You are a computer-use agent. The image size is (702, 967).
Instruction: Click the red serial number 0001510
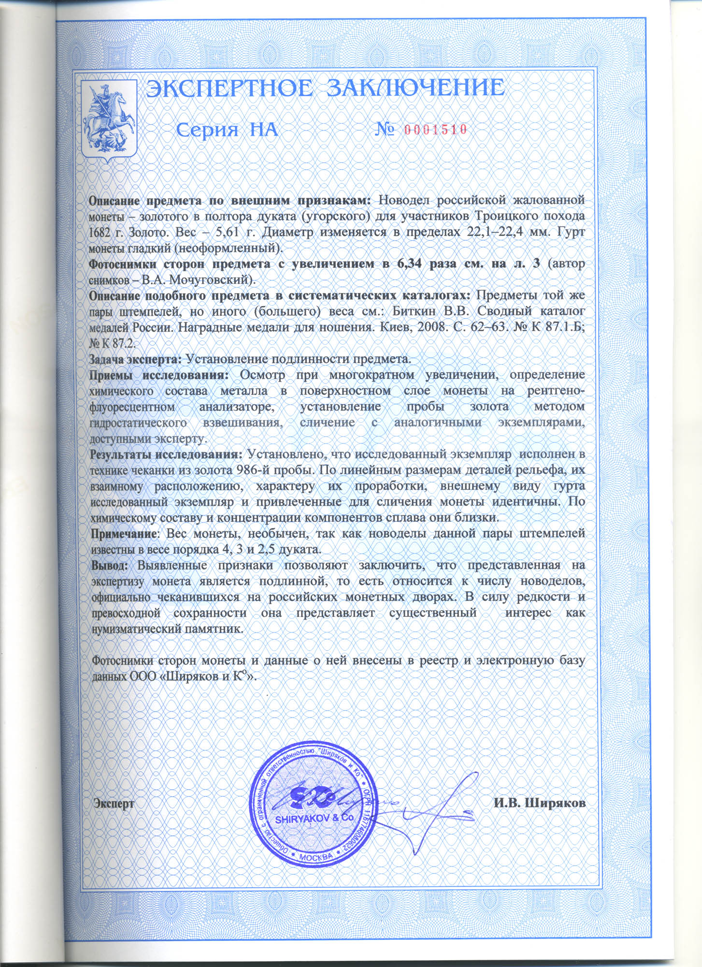[x=434, y=129]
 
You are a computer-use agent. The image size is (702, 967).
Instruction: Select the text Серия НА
[x=226, y=130]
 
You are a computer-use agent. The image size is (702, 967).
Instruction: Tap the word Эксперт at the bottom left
[x=114, y=803]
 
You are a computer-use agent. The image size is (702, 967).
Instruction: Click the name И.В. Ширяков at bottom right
[x=540, y=803]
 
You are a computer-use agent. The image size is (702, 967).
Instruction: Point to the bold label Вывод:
[x=111, y=565]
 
